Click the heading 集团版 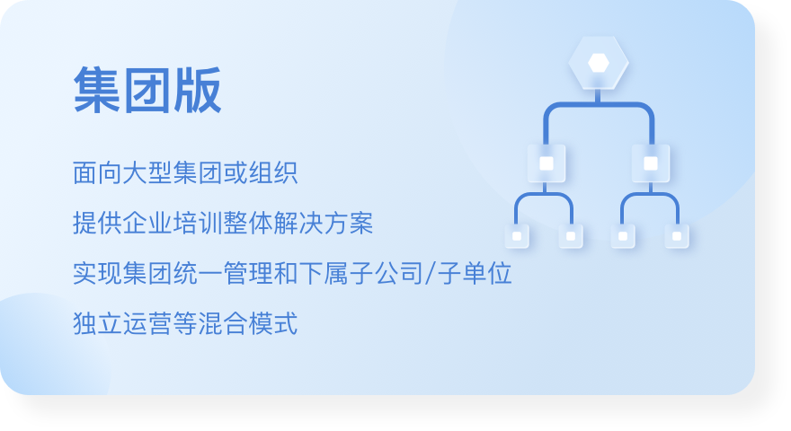(x=147, y=91)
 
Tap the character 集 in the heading (x=97, y=91)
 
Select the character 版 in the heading (x=198, y=91)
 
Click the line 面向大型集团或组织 (x=185, y=173)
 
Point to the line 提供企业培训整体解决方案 (x=223, y=223)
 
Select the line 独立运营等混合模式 (x=185, y=323)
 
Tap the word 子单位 (x=475, y=273)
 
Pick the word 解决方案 (x=324, y=223)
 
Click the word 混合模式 (x=248, y=323)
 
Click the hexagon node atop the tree (x=599, y=63)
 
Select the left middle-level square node (x=547, y=163)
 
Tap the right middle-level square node (x=651, y=163)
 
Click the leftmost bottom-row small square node (x=517, y=236)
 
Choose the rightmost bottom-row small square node (x=677, y=236)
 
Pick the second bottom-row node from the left (x=571, y=236)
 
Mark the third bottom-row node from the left (x=623, y=236)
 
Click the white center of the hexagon (x=599, y=63)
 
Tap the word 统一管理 (x=223, y=273)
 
